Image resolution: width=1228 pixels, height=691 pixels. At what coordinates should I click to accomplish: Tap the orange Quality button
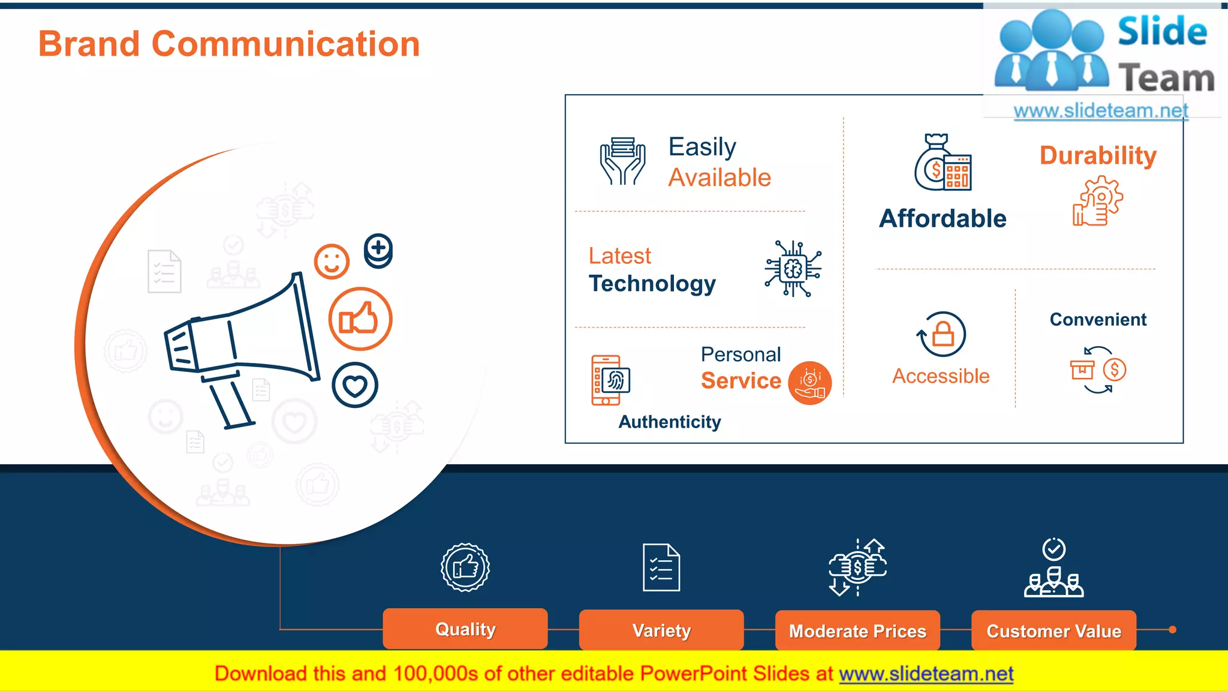coord(465,629)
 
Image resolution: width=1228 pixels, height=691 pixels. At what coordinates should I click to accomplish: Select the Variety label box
coord(661,630)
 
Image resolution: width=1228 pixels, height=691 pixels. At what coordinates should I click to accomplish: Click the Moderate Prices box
coord(857,631)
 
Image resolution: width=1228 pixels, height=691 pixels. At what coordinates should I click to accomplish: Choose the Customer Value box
coord(1054,631)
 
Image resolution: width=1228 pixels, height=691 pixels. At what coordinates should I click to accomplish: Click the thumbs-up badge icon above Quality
coord(465,567)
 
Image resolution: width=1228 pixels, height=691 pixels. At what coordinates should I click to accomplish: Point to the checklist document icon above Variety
coord(661,567)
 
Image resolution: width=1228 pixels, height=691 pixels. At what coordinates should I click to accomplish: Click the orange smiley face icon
coord(332,262)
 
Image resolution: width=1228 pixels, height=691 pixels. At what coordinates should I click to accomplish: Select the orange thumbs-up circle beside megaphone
coord(360,319)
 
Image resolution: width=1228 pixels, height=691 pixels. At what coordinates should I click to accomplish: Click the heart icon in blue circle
coord(355,386)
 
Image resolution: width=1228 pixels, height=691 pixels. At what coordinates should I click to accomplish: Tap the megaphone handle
coord(231,403)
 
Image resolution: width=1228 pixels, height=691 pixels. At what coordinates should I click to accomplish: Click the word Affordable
coord(943,218)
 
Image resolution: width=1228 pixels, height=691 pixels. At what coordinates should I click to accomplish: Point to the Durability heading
coord(1098,155)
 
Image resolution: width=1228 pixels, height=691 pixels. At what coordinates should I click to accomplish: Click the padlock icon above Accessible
coord(943,334)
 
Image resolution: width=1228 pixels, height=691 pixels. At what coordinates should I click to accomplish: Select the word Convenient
coord(1098,320)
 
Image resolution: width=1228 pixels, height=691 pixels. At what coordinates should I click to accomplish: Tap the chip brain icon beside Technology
coord(793,269)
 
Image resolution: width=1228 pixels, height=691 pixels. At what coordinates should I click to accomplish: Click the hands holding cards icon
coord(623,161)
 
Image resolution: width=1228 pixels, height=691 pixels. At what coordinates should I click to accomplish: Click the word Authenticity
coord(670,422)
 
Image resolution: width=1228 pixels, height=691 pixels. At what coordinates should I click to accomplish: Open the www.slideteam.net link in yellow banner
coord(926,674)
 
